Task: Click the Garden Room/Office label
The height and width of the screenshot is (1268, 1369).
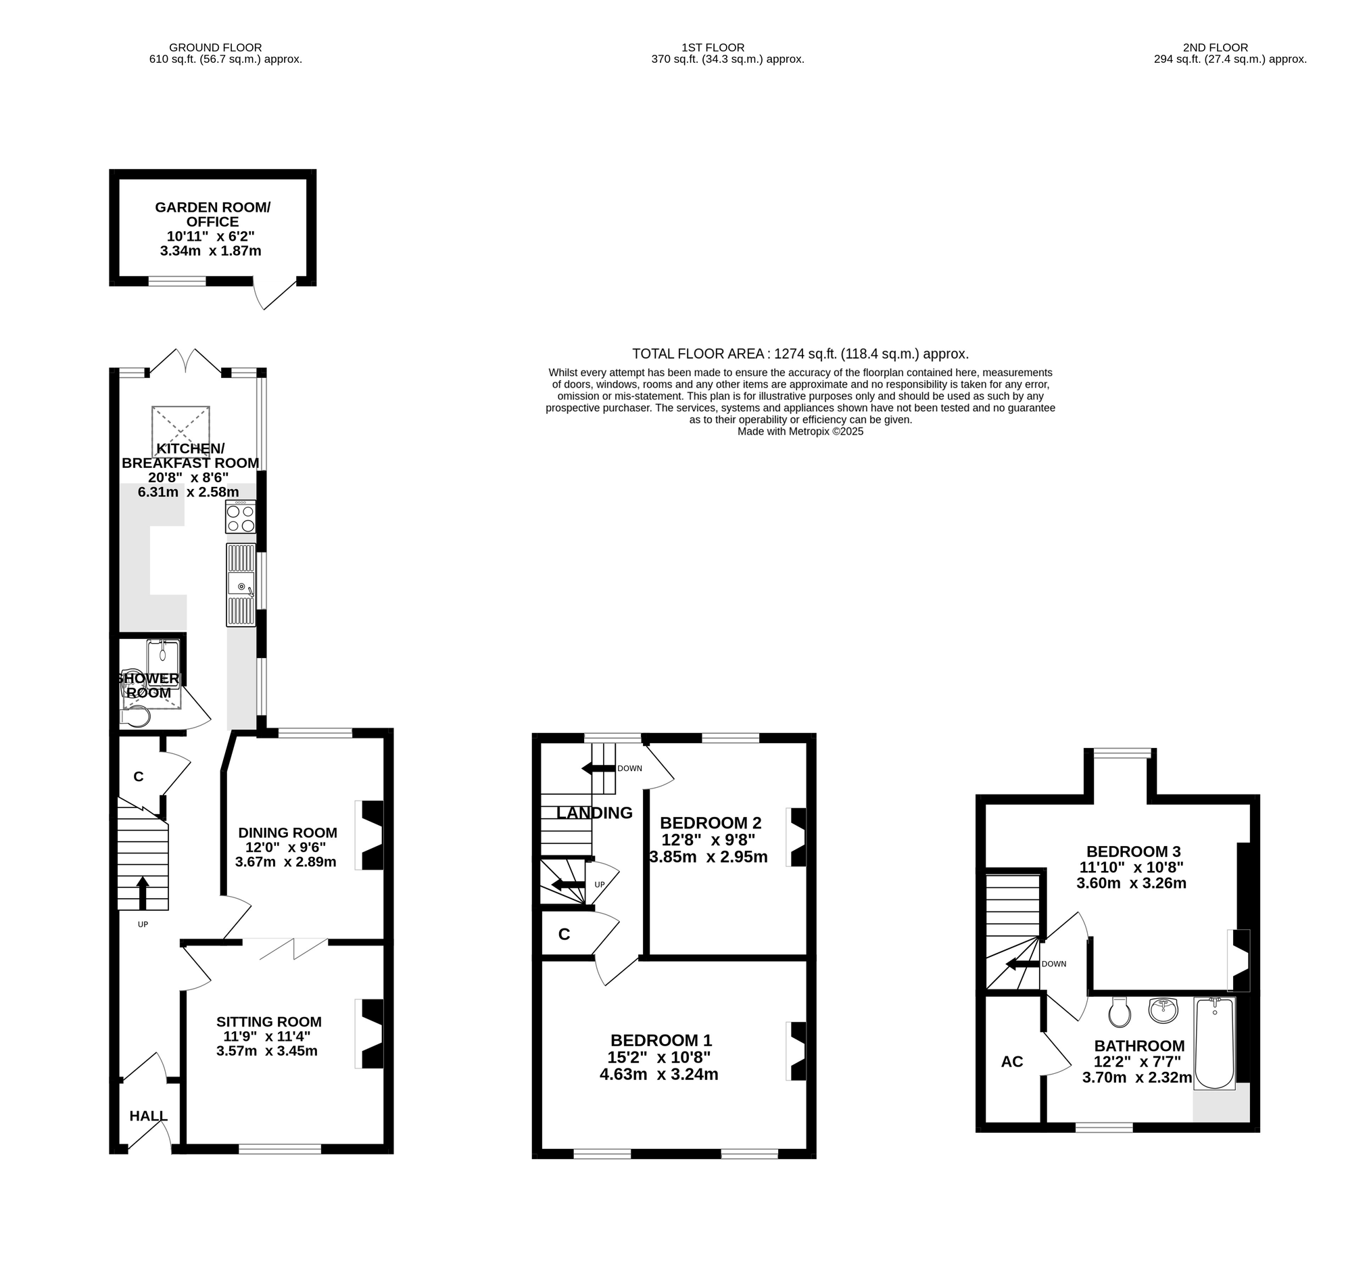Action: (213, 214)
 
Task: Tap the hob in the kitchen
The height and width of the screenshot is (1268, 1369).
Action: (240, 517)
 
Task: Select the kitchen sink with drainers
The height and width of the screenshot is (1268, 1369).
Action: (241, 584)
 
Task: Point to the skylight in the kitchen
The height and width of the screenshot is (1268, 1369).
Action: (181, 431)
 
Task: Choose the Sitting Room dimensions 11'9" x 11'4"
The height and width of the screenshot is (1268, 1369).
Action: (268, 1036)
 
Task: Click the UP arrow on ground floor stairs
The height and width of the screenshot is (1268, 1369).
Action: (143, 893)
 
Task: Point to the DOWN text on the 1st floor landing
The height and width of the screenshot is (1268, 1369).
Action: (629, 768)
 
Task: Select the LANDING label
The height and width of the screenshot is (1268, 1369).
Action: (595, 813)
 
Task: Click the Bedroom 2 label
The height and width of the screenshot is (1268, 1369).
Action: (711, 823)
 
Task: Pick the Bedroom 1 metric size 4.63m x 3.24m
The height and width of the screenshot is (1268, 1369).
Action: (659, 1075)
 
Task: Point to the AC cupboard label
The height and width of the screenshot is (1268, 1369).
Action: (1011, 1062)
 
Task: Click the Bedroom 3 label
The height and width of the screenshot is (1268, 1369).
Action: (1132, 851)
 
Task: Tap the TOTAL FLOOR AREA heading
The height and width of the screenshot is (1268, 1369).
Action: (800, 354)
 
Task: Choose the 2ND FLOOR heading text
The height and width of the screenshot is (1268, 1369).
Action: (1216, 47)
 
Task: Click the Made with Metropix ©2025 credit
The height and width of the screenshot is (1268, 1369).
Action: (800, 431)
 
